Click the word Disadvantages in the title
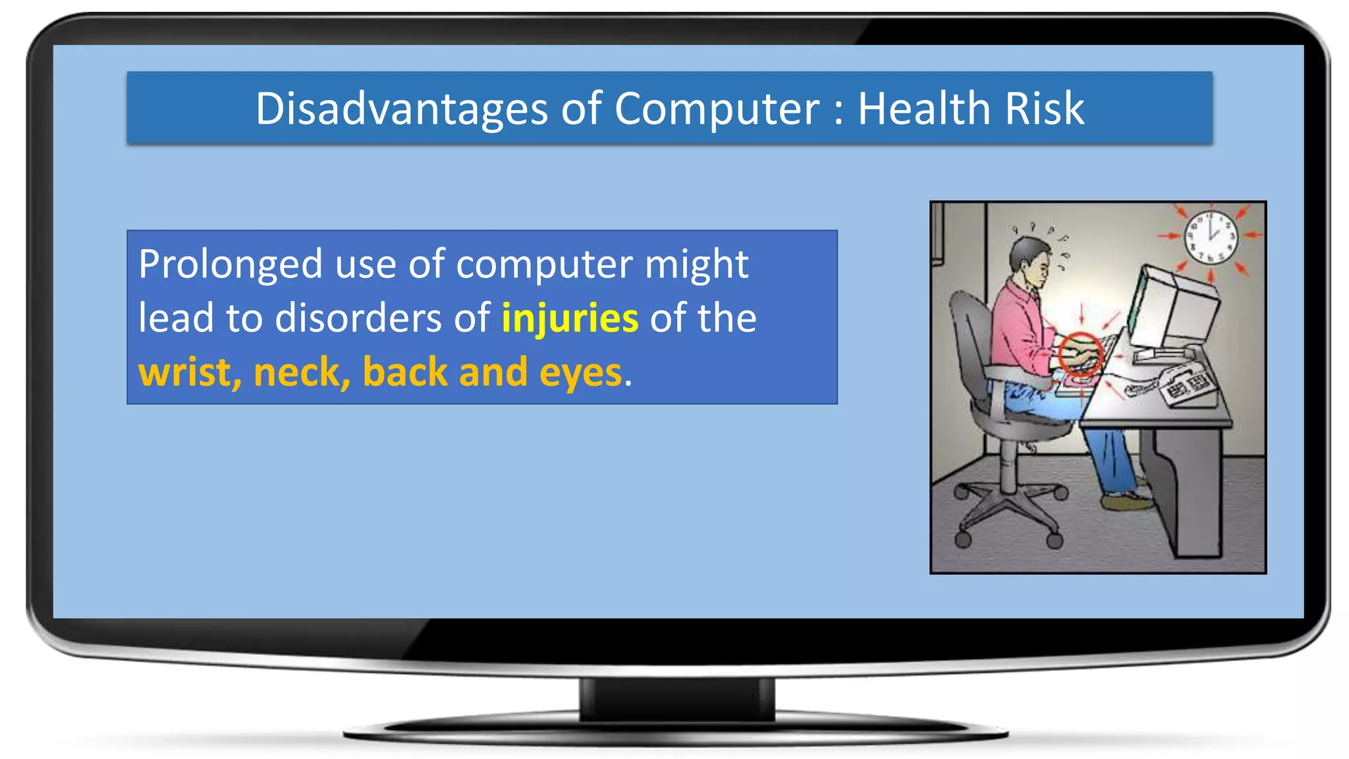tap(402, 109)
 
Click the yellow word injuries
tap(570, 318)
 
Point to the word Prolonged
tap(231, 265)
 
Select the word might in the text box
tap(696, 265)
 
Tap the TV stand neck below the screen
tap(677, 698)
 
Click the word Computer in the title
tap(717, 109)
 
